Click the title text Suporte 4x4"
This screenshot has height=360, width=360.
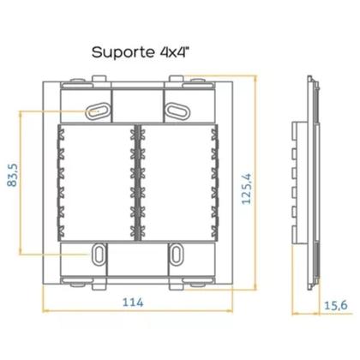coord(142,51)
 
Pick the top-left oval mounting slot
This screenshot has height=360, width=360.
coord(97,111)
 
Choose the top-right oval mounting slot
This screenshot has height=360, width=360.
coord(179,111)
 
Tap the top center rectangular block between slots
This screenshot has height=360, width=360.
coord(138,105)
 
